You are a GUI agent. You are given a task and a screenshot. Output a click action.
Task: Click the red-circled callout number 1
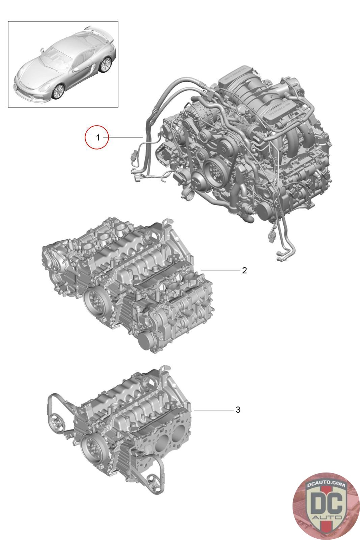pos(98,138)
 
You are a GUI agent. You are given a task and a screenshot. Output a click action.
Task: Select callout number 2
pos(244,270)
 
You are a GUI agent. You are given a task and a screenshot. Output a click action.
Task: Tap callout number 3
pos(238,410)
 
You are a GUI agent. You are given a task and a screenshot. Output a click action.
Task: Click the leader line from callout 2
pos(220,270)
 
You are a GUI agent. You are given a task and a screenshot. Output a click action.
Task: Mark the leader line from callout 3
pos(214,410)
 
